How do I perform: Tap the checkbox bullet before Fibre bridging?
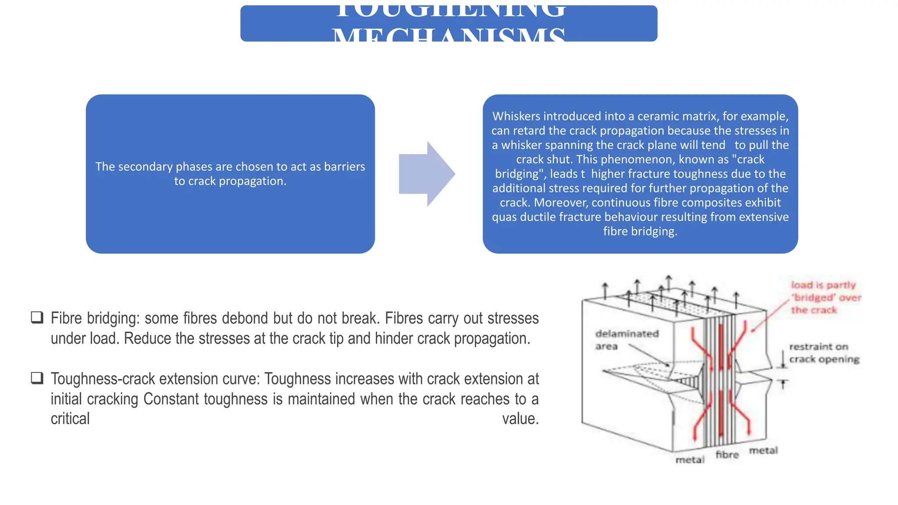point(37,317)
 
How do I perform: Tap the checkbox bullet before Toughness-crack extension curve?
point(37,378)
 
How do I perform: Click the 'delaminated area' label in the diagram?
point(626,340)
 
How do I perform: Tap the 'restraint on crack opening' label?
point(823,353)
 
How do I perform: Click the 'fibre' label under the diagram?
point(727,455)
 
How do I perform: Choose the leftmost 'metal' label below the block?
point(690,459)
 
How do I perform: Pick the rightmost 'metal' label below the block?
point(763,450)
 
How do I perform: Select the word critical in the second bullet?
point(70,419)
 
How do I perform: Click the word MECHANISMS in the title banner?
point(448,34)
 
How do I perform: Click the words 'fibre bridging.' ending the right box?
point(640,231)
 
